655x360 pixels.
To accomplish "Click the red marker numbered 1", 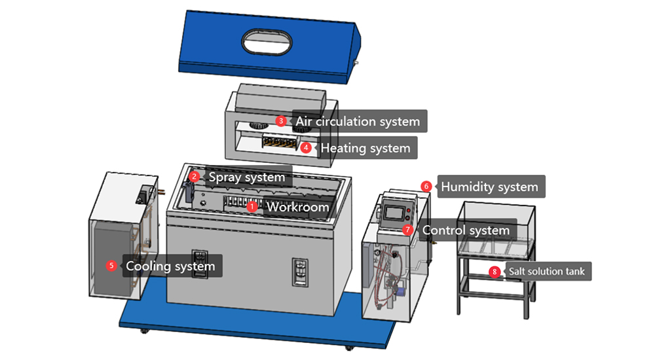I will pyautogui.click(x=252, y=206).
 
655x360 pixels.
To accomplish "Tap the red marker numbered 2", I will pyautogui.click(x=194, y=176).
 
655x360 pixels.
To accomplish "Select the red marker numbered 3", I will pyautogui.click(x=280, y=121).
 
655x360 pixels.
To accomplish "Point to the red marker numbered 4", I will pyautogui.click(x=306, y=147).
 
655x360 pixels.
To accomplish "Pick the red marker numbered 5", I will pyautogui.click(x=111, y=266).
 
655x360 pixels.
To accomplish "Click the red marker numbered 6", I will pyautogui.click(x=426, y=187).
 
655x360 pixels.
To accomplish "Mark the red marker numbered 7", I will pyautogui.click(x=408, y=230).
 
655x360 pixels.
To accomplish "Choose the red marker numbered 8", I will pyautogui.click(x=495, y=271).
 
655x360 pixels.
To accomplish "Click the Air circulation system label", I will pyautogui.click(x=358, y=121).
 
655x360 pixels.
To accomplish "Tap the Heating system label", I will pyautogui.click(x=365, y=148).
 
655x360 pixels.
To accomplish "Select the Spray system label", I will pyautogui.click(x=247, y=177).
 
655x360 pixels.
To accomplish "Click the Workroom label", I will pyautogui.click(x=297, y=207).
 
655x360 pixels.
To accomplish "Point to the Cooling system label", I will pyautogui.click(x=170, y=266).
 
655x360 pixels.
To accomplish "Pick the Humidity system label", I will pyautogui.click(x=489, y=187).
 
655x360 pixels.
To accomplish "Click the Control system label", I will pyautogui.click(x=466, y=230).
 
